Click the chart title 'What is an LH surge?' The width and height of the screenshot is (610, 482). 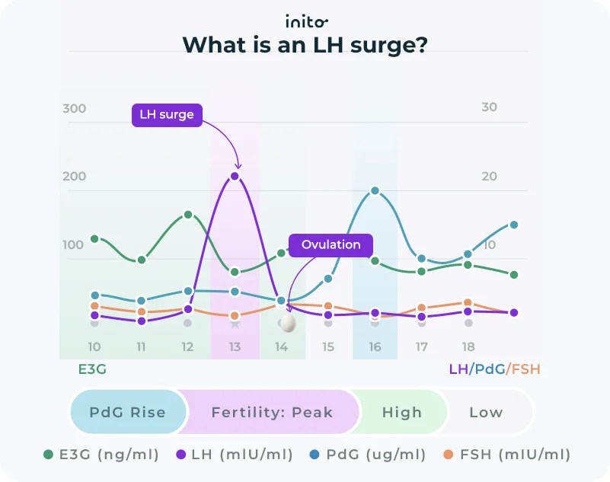tap(305, 45)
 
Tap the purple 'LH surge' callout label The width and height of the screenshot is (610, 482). tap(167, 115)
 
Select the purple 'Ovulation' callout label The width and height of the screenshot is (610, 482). tap(331, 244)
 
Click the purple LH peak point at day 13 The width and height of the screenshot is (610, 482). tap(235, 176)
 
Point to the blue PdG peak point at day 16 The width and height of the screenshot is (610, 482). tap(375, 191)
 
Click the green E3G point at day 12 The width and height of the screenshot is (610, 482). tap(188, 215)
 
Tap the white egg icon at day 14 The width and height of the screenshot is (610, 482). tap(287, 324)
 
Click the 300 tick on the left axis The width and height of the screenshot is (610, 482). tap(75, 108)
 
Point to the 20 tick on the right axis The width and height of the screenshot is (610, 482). tap(490, 177)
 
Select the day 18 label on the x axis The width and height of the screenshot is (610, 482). tap(468, 347)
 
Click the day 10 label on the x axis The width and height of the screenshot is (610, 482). tap(94, 347)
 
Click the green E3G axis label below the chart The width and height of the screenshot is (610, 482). tap(92, 369)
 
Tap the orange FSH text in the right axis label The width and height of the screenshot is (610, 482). tap(525, 369)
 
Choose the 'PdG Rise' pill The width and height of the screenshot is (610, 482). tap(127, 412)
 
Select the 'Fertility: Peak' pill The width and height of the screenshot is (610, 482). tap(272, 412)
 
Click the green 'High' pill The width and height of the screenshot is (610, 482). tap(401, 412)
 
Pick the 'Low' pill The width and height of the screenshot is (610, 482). tap(486, 412)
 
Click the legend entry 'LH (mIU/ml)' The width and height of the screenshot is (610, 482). tap(234, 455)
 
